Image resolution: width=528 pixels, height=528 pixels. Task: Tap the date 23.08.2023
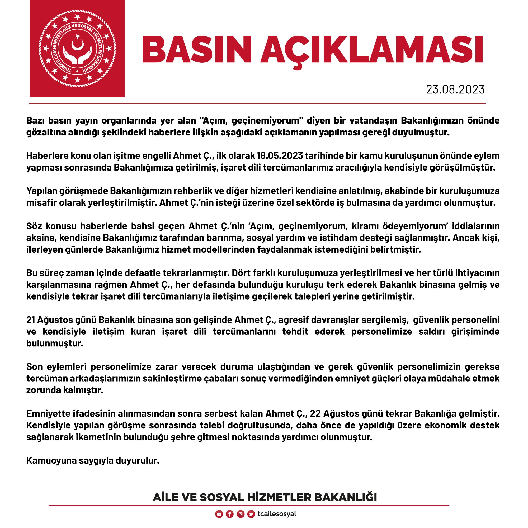[455, 89]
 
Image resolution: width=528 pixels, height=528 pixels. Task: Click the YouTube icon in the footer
[219, 514]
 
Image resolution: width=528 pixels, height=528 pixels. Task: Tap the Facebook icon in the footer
[230, 514]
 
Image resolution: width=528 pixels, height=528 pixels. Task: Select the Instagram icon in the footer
[241, 514]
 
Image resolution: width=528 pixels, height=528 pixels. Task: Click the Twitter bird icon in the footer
[251, 514]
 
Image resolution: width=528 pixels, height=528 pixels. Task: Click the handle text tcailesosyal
[277, 514]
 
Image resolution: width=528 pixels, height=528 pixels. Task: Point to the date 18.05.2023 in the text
[280, 156]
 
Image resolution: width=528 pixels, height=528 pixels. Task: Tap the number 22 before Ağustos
[315, 413]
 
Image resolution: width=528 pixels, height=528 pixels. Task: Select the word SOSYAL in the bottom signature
[222, 497]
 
